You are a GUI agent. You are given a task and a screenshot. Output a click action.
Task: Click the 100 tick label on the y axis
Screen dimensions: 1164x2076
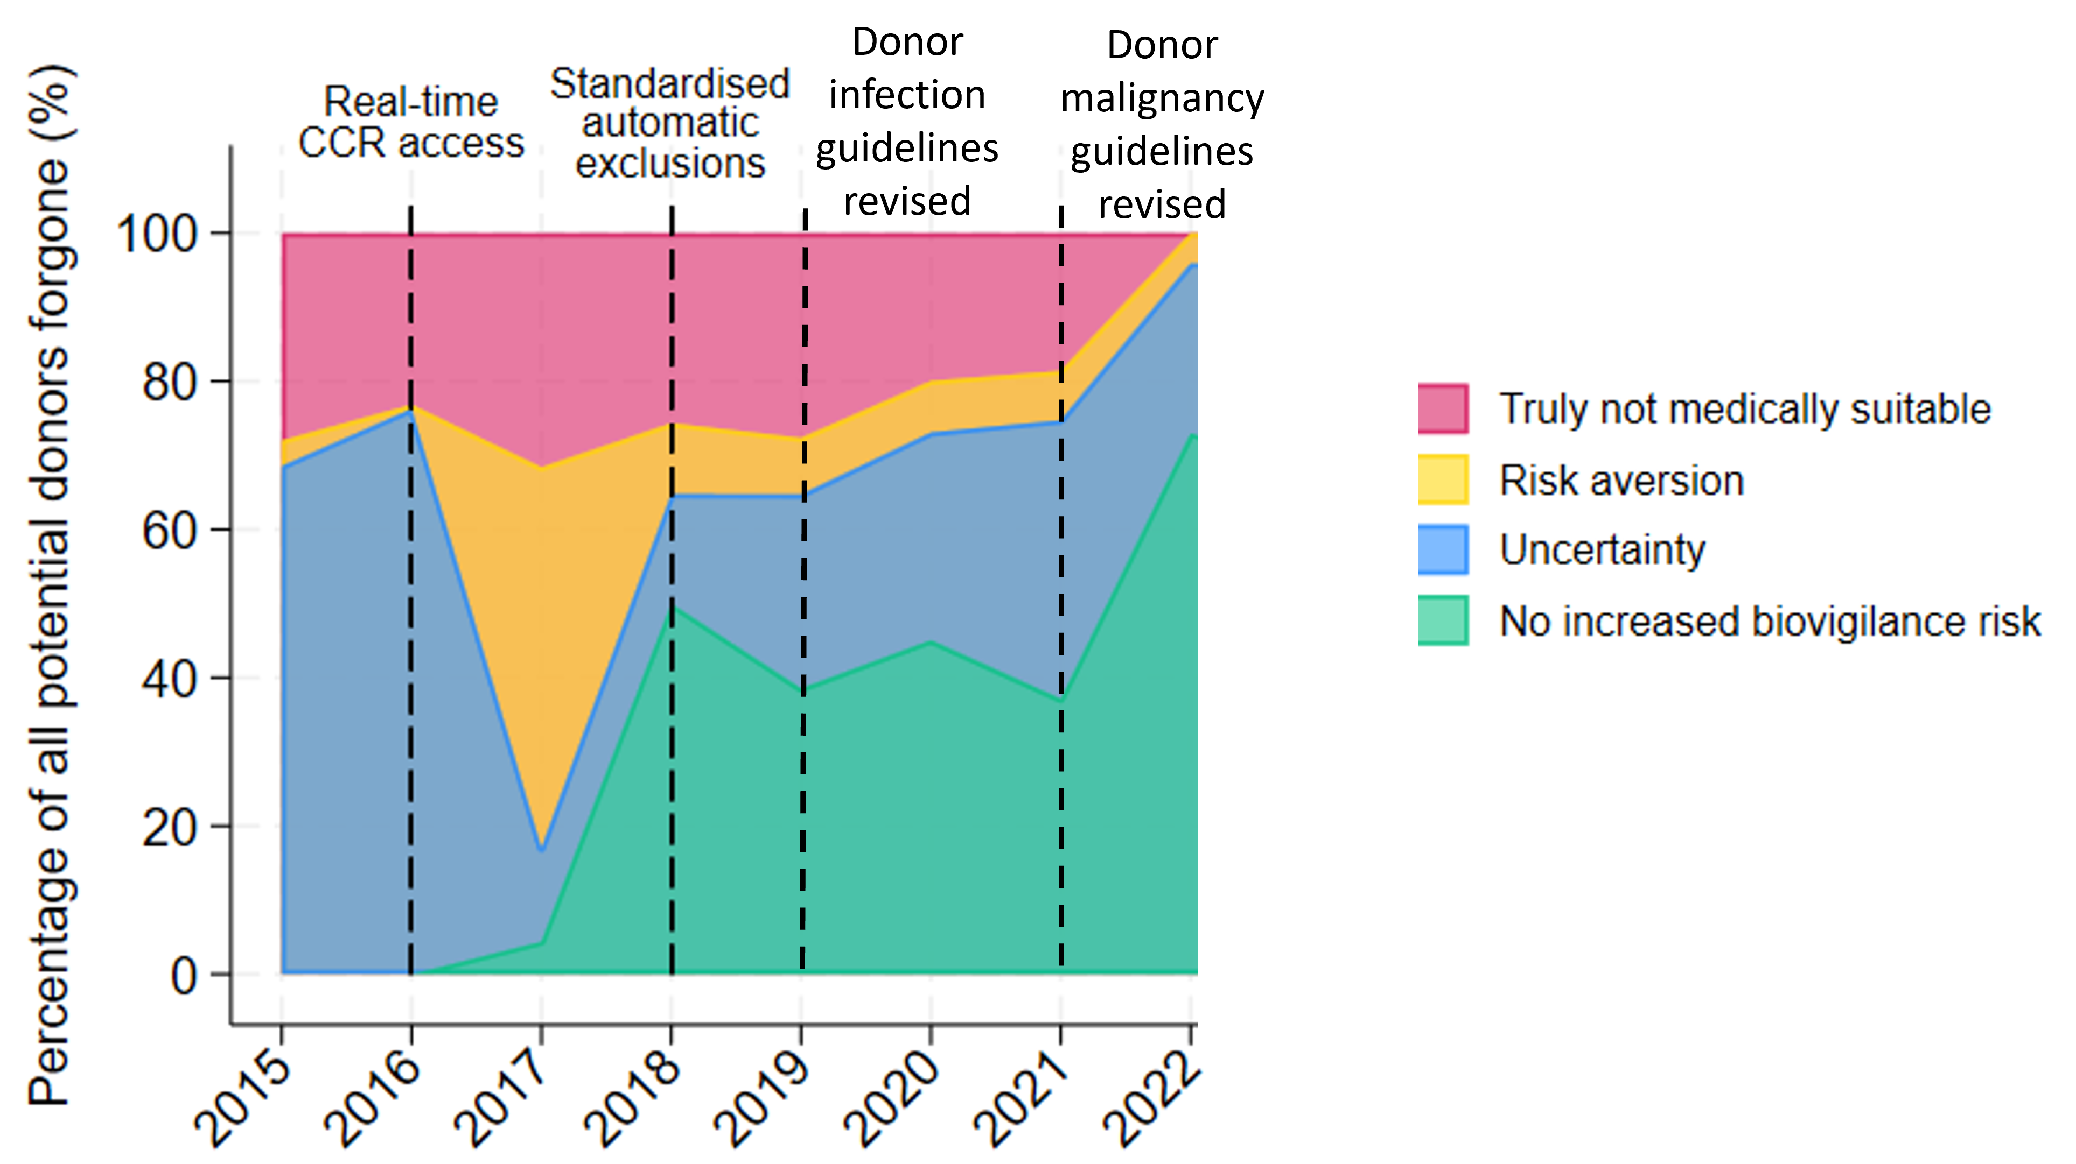point(157,235)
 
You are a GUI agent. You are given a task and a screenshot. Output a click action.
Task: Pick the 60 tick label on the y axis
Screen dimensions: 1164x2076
point(169,531)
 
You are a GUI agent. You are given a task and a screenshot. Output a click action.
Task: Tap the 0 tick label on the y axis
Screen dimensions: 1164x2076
point(184,976)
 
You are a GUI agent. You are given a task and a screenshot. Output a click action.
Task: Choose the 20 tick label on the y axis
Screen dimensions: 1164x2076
point(169,827)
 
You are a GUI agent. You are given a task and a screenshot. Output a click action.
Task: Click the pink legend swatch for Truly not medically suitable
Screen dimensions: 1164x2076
point(1443,409)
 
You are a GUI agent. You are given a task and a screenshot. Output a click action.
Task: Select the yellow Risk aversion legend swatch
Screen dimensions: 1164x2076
point(1443,480)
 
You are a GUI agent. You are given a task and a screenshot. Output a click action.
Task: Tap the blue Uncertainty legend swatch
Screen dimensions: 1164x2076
point(1443,550)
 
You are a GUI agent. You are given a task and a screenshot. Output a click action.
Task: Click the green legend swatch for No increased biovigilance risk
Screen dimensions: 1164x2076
point(1443,621)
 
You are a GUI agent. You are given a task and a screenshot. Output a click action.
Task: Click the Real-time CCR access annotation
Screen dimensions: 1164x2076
point(411,123)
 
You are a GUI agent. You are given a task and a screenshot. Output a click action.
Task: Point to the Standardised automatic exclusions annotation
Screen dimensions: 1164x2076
point(670,123)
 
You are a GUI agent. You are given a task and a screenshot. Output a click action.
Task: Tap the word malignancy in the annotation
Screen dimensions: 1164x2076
point(1162,98)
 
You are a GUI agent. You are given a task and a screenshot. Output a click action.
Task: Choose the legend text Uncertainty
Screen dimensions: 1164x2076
point(1602,550)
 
